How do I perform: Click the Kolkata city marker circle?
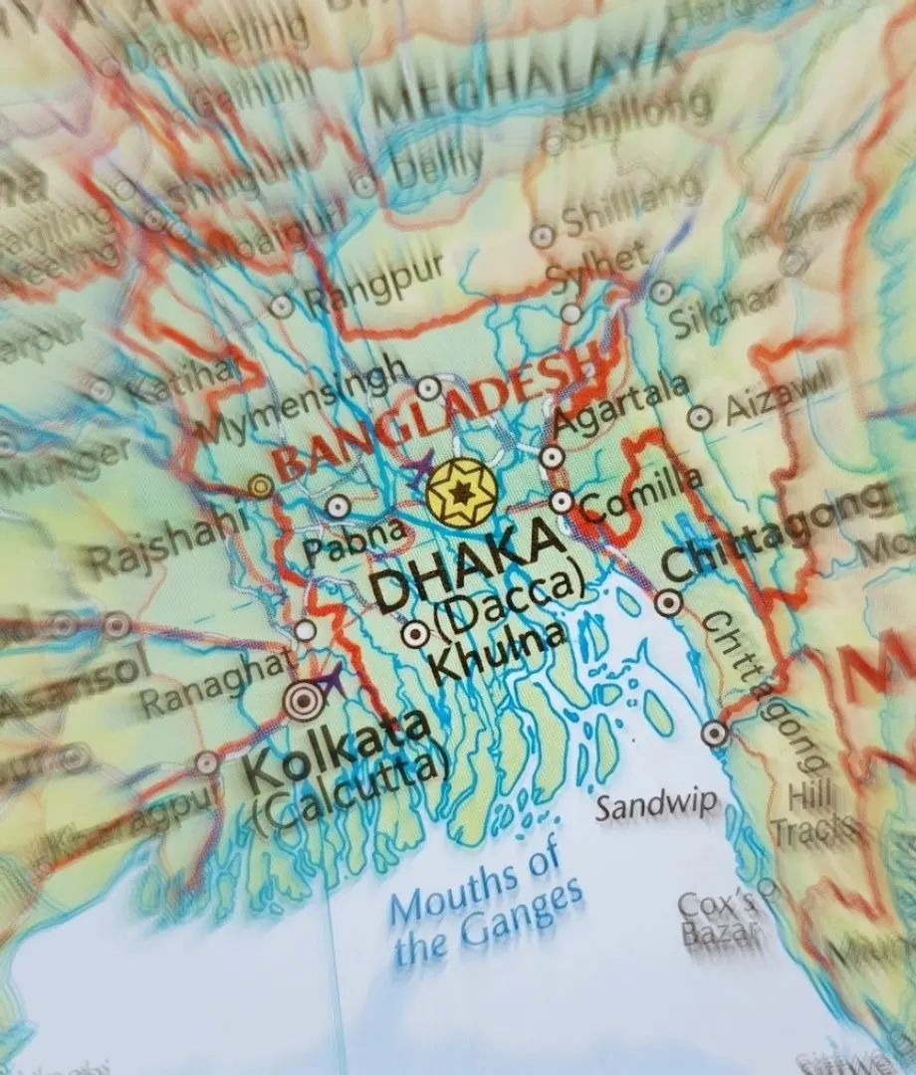pyautogui.click(x=304, y=701)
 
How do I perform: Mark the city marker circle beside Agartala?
pyautogui.click(x=552, y=457)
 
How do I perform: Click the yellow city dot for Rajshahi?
pyautogui.click(x=261, y=486)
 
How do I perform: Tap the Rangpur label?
pyautogui.click(x=372, y=287)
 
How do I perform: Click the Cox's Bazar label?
pyautogui.click(x=716, y=918)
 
